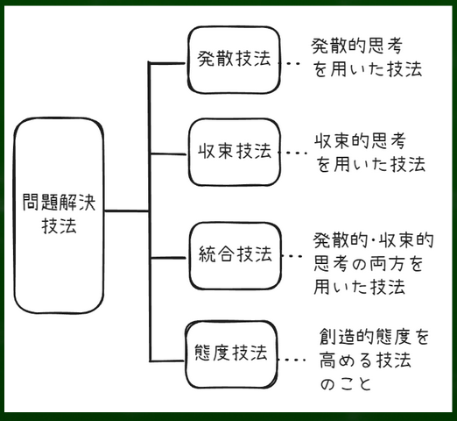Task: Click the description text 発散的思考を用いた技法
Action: click(x=367, y=58)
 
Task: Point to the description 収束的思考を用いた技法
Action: click(x=369, y=153)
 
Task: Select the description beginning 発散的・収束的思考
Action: click(x=373, y=263)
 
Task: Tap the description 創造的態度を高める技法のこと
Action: click(x=374, y=360)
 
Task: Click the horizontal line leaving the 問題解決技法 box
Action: click(x=127, y=210)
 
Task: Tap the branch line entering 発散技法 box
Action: click(x=167, y=63)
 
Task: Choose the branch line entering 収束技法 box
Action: click(x=168, y=153)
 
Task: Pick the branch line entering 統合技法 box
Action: click(x=169, y=258)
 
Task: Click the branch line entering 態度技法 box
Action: click(x=167, y=360)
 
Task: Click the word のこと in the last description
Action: click(x=346, y=383)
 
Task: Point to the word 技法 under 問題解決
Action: click(x=60, y=225)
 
